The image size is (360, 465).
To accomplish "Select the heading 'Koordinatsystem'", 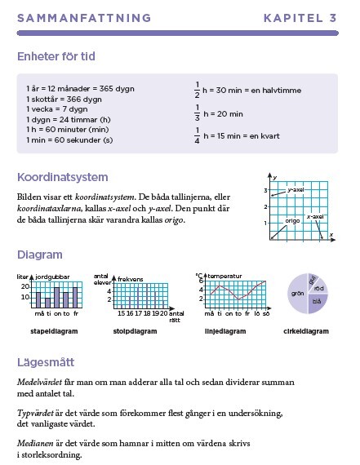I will point(63,177).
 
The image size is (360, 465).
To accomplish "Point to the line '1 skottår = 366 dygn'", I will point(64,98).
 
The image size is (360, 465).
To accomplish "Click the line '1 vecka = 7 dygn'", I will point(56,108).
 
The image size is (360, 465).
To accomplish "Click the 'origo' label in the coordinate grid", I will point(292,220).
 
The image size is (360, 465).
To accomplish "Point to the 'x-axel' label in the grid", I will point(315,216).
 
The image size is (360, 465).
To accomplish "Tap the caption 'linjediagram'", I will point(225,332).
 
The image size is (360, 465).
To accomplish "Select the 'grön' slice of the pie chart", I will point(297,293).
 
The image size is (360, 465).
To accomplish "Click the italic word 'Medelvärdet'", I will point(40,382).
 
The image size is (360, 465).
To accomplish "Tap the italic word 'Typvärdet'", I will point(36,413).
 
